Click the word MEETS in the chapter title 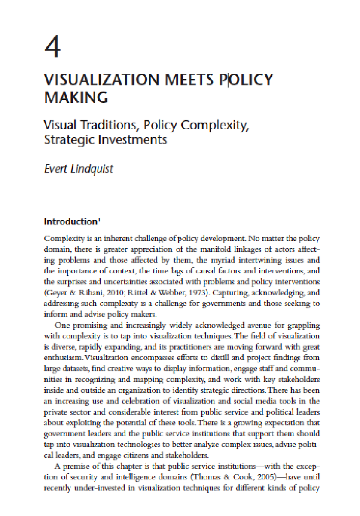pyautogui.click(x=184, y=80)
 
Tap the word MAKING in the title pyautogui.click(x=76, y=98)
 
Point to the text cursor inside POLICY pyautogui.click(x=228, y=80)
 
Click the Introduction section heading pyautogui.click(x=70, y=222)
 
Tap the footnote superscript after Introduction pyautogui.click(x=99, y=220)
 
